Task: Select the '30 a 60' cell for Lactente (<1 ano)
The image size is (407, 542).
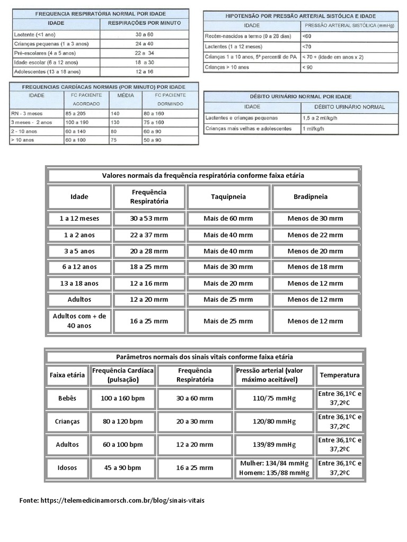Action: pyautogui.click(x=144, y=34)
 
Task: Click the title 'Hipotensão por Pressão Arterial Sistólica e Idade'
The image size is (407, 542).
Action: pyautogui.click(x=300, y=16)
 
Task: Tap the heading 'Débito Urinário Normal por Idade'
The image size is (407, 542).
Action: pyautogui.click(x=300, y=97)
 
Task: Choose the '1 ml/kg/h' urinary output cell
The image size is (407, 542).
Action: pyautogui.click(x=313, y=129)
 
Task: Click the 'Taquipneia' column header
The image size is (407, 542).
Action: pyautogui.click(x=228, y=197)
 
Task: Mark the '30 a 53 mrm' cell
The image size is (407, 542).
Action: pyautogui.click(x=149, y=218)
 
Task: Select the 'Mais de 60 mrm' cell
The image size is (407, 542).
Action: pyautogui.click(x=228, y=218)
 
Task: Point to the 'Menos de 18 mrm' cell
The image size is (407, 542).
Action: pyautogui.click(x=315, y=267)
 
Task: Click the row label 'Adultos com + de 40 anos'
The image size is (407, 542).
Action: pyautogui.click(x=79, y=321)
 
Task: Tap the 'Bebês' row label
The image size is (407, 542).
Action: pyautogui.click(x=67, y=398)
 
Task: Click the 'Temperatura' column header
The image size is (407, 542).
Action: pyautogui.click(x=340, y=375)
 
